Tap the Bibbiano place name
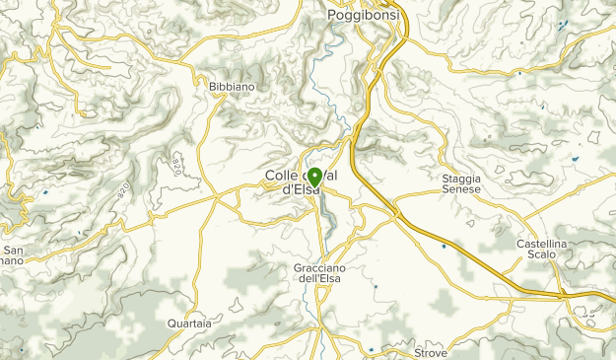[x=232, y=87]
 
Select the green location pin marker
[x=313, y=179]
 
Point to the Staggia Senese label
[x=460, y=183]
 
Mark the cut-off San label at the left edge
[x=13, y=250]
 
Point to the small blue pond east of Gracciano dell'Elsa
[x=375, y=287]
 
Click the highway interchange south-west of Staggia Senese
[x=396, y=210]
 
